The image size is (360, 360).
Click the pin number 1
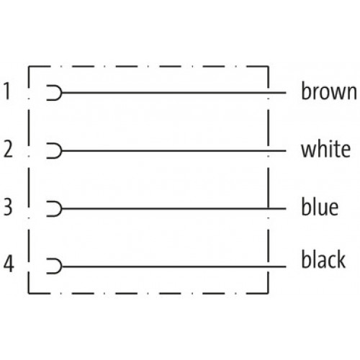(x=8, y=91)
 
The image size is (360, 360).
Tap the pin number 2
(x=8, y=149)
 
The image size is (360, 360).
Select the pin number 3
(x=8, y=207)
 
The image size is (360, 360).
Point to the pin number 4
(x=9, y=264)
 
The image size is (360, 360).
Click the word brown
(x=329, y=91)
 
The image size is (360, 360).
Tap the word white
(x=325, y=149)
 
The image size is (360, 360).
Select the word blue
(x=320, y=207)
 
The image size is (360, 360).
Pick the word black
(x=323, y=259)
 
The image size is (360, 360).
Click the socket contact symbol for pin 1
(x=61, y=93)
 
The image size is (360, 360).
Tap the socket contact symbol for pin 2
(x=61, y=150)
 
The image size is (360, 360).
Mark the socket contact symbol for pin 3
(x=61, y=209)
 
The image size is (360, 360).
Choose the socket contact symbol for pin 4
(x=61, y=266)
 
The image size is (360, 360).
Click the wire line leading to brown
(x=174, y=93)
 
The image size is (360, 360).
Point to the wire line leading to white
(x=174, y=150)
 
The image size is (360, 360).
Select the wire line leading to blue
(x=174, y=209)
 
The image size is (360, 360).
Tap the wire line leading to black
(x=174, y=266)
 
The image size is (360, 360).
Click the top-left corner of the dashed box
(x=29, y=66)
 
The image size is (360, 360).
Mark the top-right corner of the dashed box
(x=268, y=66)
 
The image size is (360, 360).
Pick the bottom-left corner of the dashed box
(x=29, y=293)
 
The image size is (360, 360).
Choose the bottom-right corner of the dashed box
(x=268, y=293)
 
